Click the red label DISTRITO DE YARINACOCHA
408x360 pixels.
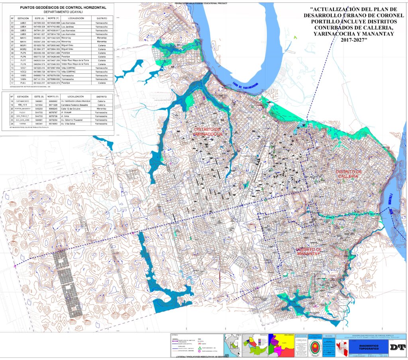(208, 132)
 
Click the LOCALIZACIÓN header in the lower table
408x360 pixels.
(75, 96)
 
